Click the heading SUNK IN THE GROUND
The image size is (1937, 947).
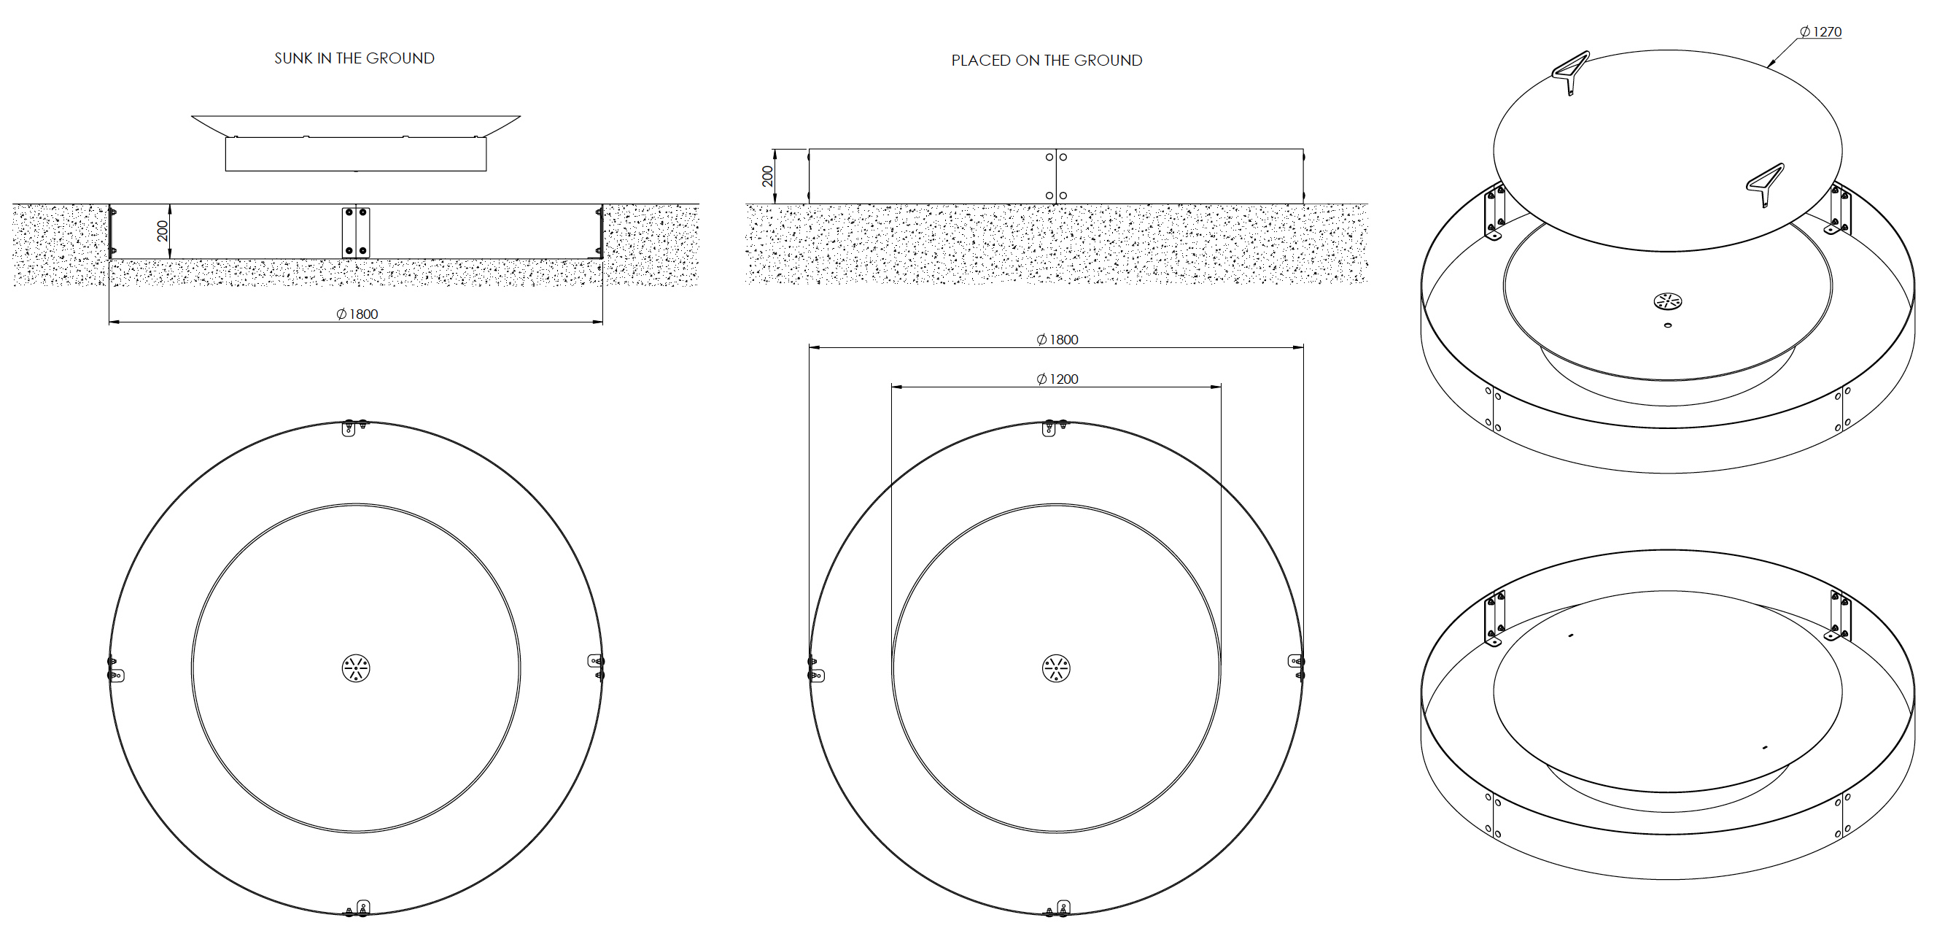354,58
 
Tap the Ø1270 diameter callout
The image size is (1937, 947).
1820,32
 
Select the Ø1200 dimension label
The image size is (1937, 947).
1057,379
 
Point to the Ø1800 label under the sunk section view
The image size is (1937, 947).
357,314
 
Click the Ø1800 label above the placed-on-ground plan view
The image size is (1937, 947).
1057,340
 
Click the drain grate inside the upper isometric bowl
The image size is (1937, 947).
1668,301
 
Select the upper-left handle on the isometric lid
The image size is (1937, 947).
1571,70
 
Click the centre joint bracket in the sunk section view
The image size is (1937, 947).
356,232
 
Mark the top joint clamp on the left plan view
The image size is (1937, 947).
354,427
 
